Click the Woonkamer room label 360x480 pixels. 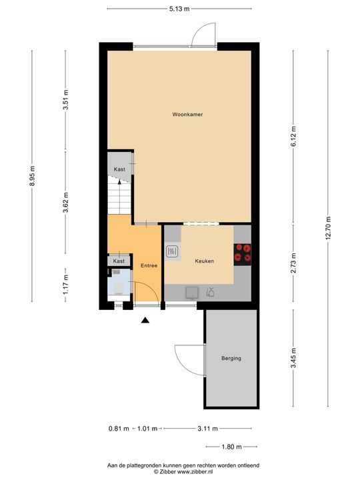coord(187,115)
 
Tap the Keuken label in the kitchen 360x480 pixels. coord(205,261)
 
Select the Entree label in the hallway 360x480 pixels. coord(149,266)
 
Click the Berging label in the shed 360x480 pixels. coord(231,359)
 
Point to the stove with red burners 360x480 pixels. coord(243,253)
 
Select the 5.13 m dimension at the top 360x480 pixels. coord(179,9)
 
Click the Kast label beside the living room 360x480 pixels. coord(120,169)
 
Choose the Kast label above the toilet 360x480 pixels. coord(119,261)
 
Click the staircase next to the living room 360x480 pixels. coord(120,195)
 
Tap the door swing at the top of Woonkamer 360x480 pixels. coord(202,35)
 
